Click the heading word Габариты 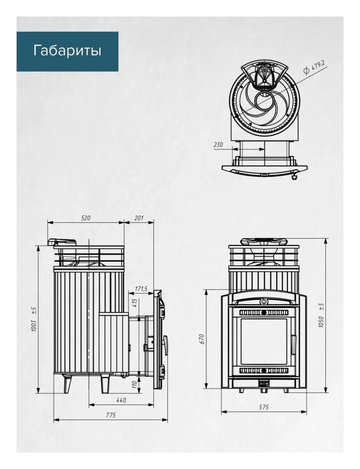click(67, 51)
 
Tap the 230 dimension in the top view click(218, 145)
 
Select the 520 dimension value click(86, 218)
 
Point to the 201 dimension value click(139, 218)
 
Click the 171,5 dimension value click(141, 289)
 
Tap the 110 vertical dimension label click(134, 384)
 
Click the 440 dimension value click(121, 400)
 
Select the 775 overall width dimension click(110, 415)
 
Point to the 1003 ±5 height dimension click(34, 319)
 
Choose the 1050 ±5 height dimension click(321, 315)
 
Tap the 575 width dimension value click(264, 407)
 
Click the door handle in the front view click(293, 345)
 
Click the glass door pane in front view click(263, 341)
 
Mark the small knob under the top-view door click(294, 177)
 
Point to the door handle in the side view click(165, 345)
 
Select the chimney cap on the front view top click(264, 241)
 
